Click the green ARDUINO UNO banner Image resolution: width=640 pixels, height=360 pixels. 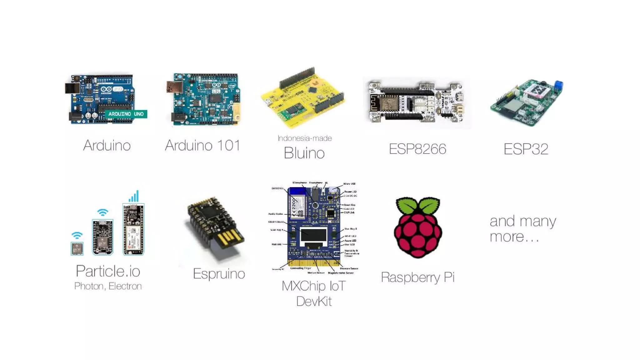(x=126, y=114)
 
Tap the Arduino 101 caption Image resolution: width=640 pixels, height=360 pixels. (x=202, y=146)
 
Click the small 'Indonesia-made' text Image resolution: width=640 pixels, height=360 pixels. (x=305, y=138)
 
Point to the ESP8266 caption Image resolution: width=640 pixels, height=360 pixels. (x=417, y=149)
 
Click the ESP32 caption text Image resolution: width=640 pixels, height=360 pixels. (x=526, y=149)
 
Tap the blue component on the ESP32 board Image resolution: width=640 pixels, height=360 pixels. (x=558, y=85)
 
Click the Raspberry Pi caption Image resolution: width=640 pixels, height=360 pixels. (x=417, y=277)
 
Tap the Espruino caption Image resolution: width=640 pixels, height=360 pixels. (x=219, y=274)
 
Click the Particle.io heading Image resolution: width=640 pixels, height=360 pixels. (x=108, y=271)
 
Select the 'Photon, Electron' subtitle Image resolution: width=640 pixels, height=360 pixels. (x=108, y=286)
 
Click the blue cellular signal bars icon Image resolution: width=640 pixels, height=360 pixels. (x=134, y=197)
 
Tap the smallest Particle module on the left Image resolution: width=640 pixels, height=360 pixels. (x=77, y=249)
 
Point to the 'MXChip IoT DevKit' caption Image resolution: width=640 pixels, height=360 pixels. (x=314, y=293)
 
